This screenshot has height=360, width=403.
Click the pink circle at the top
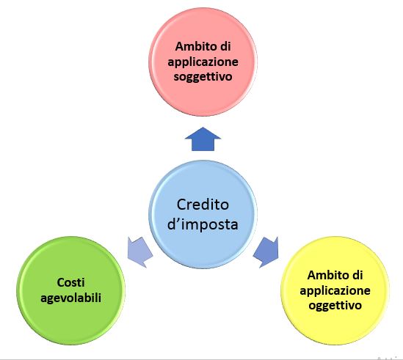pos(203,62)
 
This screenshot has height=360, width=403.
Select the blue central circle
pos(203,214)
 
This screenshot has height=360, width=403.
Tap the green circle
pos(70,290)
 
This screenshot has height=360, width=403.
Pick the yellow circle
pos(335,290)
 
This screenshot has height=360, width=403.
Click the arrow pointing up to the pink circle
pos(203,139)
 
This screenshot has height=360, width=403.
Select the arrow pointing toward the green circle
pos(140,252)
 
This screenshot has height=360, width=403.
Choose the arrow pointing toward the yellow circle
pos(266,252)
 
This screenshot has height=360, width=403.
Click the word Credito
pos(203,205)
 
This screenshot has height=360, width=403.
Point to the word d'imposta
pos(203,224)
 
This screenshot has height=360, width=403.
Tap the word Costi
pos(70,282)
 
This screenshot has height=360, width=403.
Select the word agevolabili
pos(70,298)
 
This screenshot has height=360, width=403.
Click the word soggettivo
pos(203,77)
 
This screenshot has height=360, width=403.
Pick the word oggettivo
pos(335,306)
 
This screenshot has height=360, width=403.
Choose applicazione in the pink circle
pos(203,62)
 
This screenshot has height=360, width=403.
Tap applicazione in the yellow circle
pos(335,291)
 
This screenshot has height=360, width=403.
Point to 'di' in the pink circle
pos(225,46)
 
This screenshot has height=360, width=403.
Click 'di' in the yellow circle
pos(357,275)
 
